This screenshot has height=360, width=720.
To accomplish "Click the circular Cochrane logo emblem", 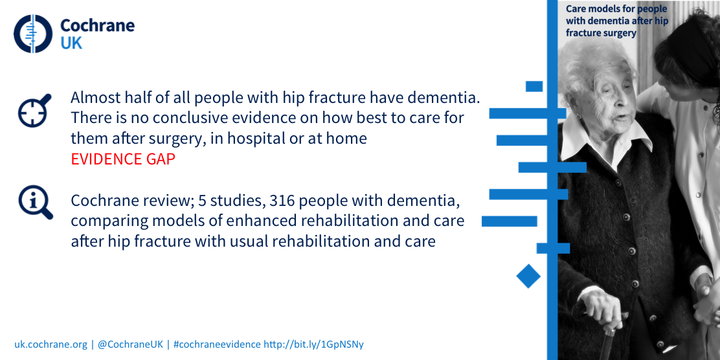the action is coord(33,34).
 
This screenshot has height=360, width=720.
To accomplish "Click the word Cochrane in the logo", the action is coord(97,25).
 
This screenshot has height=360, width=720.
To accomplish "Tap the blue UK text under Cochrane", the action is coord(71,43).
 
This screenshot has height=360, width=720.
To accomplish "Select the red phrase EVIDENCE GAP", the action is coord(123,159).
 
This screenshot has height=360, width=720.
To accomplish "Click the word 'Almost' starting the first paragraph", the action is coord(95,98).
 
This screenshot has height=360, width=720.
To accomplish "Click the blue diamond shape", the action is coord(528,276).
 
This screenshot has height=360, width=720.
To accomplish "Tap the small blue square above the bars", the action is coord(534,86).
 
